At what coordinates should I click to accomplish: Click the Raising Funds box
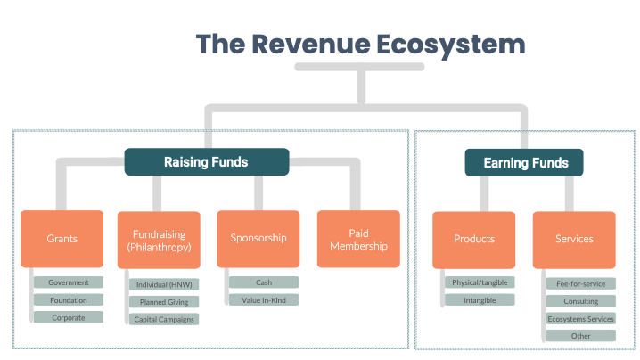[206, 162]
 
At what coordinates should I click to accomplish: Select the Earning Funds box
[524, 162]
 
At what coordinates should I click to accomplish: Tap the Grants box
[62, 239]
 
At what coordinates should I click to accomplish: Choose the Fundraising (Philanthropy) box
[158, 239]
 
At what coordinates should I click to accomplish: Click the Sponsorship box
[258, 239]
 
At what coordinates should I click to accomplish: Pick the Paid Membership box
[358, 239]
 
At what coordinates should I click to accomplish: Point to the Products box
[473, 239]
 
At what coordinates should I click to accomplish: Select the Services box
[574, 239]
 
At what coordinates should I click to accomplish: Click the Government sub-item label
[69, 282]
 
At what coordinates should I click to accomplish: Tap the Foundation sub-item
[69, 299]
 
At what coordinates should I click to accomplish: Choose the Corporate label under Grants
[69, 316]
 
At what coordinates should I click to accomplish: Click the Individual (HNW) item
[163, 285]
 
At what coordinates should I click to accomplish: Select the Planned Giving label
[163, 302]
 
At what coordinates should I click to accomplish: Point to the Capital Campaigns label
[163, 319]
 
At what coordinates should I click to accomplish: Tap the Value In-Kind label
[264, 299]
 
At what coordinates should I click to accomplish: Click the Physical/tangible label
[480, 282]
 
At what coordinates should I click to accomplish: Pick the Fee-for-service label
[581, 284]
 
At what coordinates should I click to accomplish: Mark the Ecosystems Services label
[581, 318]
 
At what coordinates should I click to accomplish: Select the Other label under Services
[581, 336]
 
